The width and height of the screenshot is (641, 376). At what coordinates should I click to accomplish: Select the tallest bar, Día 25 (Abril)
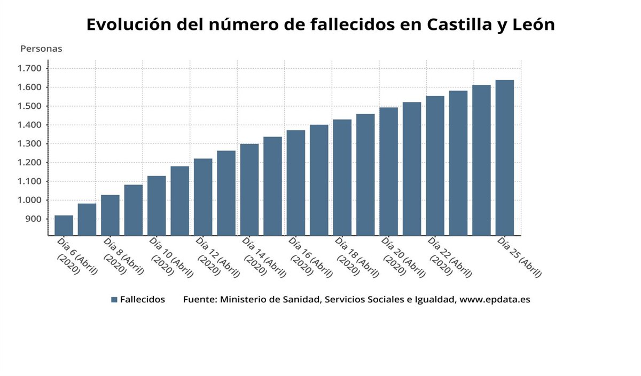coord(504,157)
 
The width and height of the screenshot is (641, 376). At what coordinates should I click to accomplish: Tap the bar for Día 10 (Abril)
coord(157,205)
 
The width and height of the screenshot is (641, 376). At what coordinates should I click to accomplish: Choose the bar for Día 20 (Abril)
coord(388,171)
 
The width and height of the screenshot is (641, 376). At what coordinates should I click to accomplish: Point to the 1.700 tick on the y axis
coord(29,68)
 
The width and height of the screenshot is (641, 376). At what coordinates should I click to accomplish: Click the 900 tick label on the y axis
coord(33,219)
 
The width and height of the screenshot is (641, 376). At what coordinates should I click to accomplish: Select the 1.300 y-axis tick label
coord(29,144)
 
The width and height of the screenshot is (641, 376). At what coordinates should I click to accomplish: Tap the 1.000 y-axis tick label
coord(29,201)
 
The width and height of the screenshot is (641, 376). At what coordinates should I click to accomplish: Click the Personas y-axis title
coord(41,49)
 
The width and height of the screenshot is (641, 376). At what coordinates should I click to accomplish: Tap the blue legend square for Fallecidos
coord(114,300)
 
